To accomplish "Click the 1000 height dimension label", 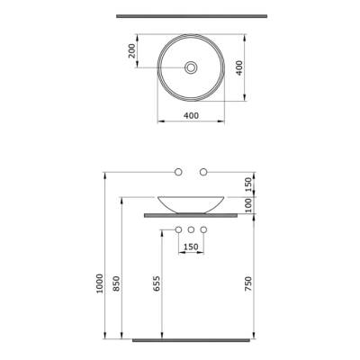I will pyautogui.click(x=97, y=285).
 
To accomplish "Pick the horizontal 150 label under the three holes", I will pyautogui.click(x=191, y=247).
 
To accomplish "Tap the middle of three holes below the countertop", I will pyautogui.click(x=191, y=229).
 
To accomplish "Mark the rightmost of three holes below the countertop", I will pyautogui.click(x=203, y=229).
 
